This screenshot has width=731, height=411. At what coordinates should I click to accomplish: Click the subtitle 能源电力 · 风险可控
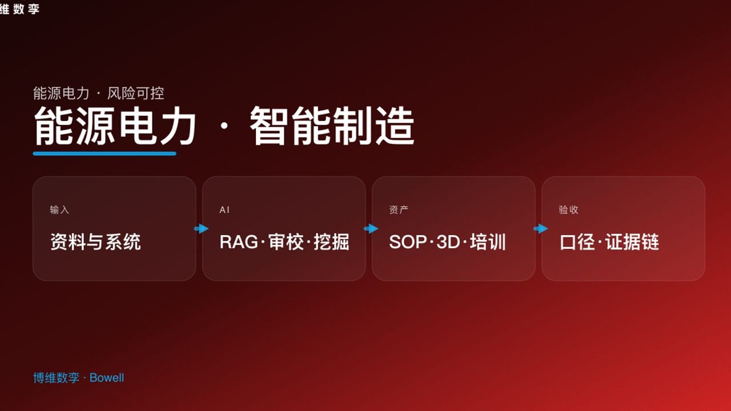click(x=99, y=93)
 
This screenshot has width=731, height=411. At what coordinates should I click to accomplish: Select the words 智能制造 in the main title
click(x=332, y=127)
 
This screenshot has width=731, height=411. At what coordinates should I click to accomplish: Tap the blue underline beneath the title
click(x=105, y=154)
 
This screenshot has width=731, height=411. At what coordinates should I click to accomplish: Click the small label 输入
click(x=59, y=210)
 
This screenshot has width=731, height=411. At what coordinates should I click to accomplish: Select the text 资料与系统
click(x=95, y=242)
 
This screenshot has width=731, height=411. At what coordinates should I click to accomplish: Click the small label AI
click(x=224, y=210)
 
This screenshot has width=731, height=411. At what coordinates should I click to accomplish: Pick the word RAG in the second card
click(x=239, y=242)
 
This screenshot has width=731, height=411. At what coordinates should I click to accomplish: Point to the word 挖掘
click(x=331, y=242)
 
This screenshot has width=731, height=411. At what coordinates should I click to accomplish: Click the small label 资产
click(x=399, y=210)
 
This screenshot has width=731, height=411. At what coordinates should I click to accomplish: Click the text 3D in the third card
click(x=448, y=242)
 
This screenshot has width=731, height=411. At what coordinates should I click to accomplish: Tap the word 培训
click(x=488, y=242)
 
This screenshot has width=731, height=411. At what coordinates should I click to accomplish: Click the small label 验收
click(x=568, y=210)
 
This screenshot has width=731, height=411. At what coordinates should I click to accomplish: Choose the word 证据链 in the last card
click(x=632, y=242)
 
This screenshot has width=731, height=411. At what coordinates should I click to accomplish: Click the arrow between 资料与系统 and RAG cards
click(x=201, y=229)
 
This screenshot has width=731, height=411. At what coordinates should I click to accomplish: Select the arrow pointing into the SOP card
click(x=371, y=229)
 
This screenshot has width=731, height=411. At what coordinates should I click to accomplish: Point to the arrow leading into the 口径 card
click(x=540, y=229)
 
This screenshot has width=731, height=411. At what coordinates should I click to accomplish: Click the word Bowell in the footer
click(x=107, y=378)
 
